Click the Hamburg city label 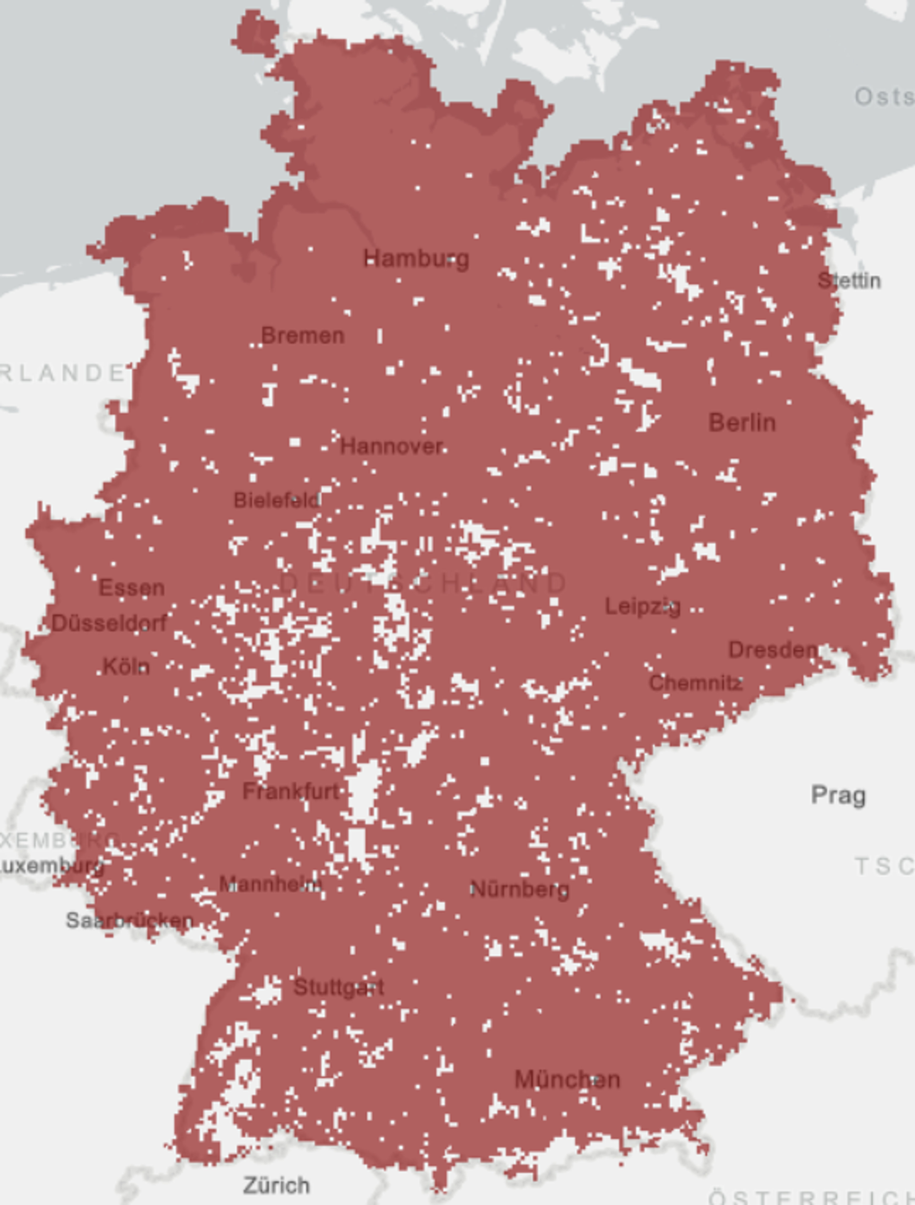[x=416, y=259]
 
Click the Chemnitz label [x=696, y=683]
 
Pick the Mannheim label [x=270, y=884]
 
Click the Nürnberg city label [x=520, y=889]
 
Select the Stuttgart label [x=339, y=987]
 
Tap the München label [x=567, y=1080]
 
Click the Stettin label [x=849, y=281]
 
